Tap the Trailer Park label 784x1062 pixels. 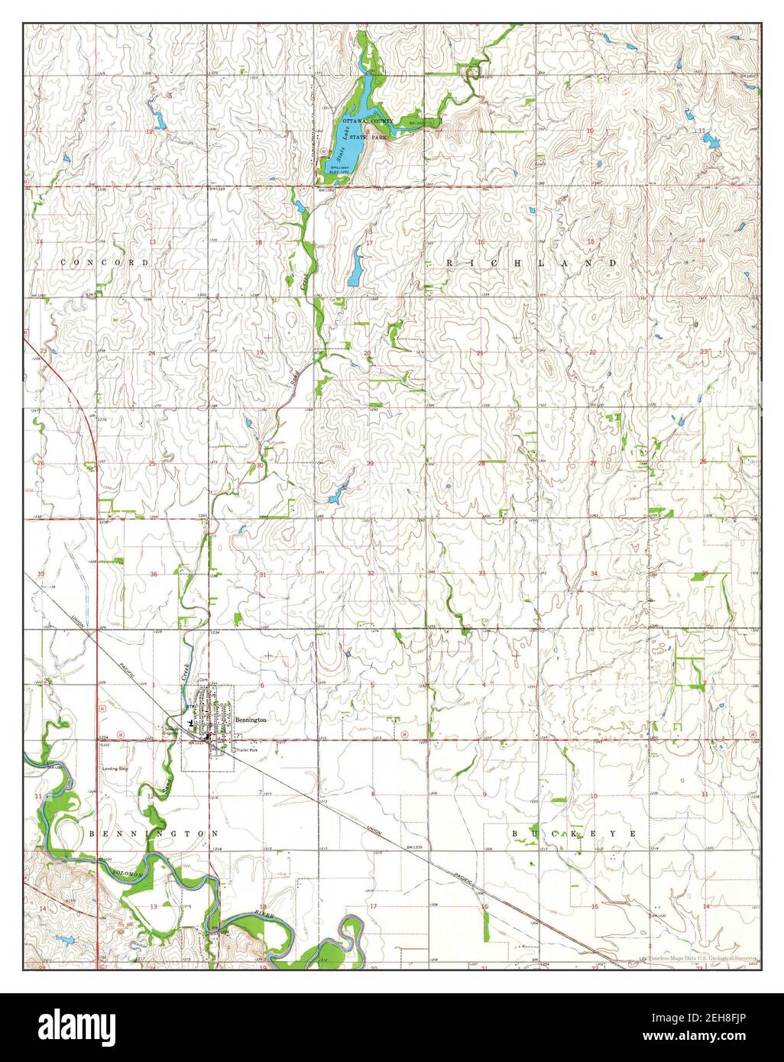tap(249, 752)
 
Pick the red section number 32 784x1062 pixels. tap(371, 573)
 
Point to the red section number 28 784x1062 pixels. tap(481, 463)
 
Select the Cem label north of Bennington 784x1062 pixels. tap(203, 679)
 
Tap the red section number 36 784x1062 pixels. tap(154, 575)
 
